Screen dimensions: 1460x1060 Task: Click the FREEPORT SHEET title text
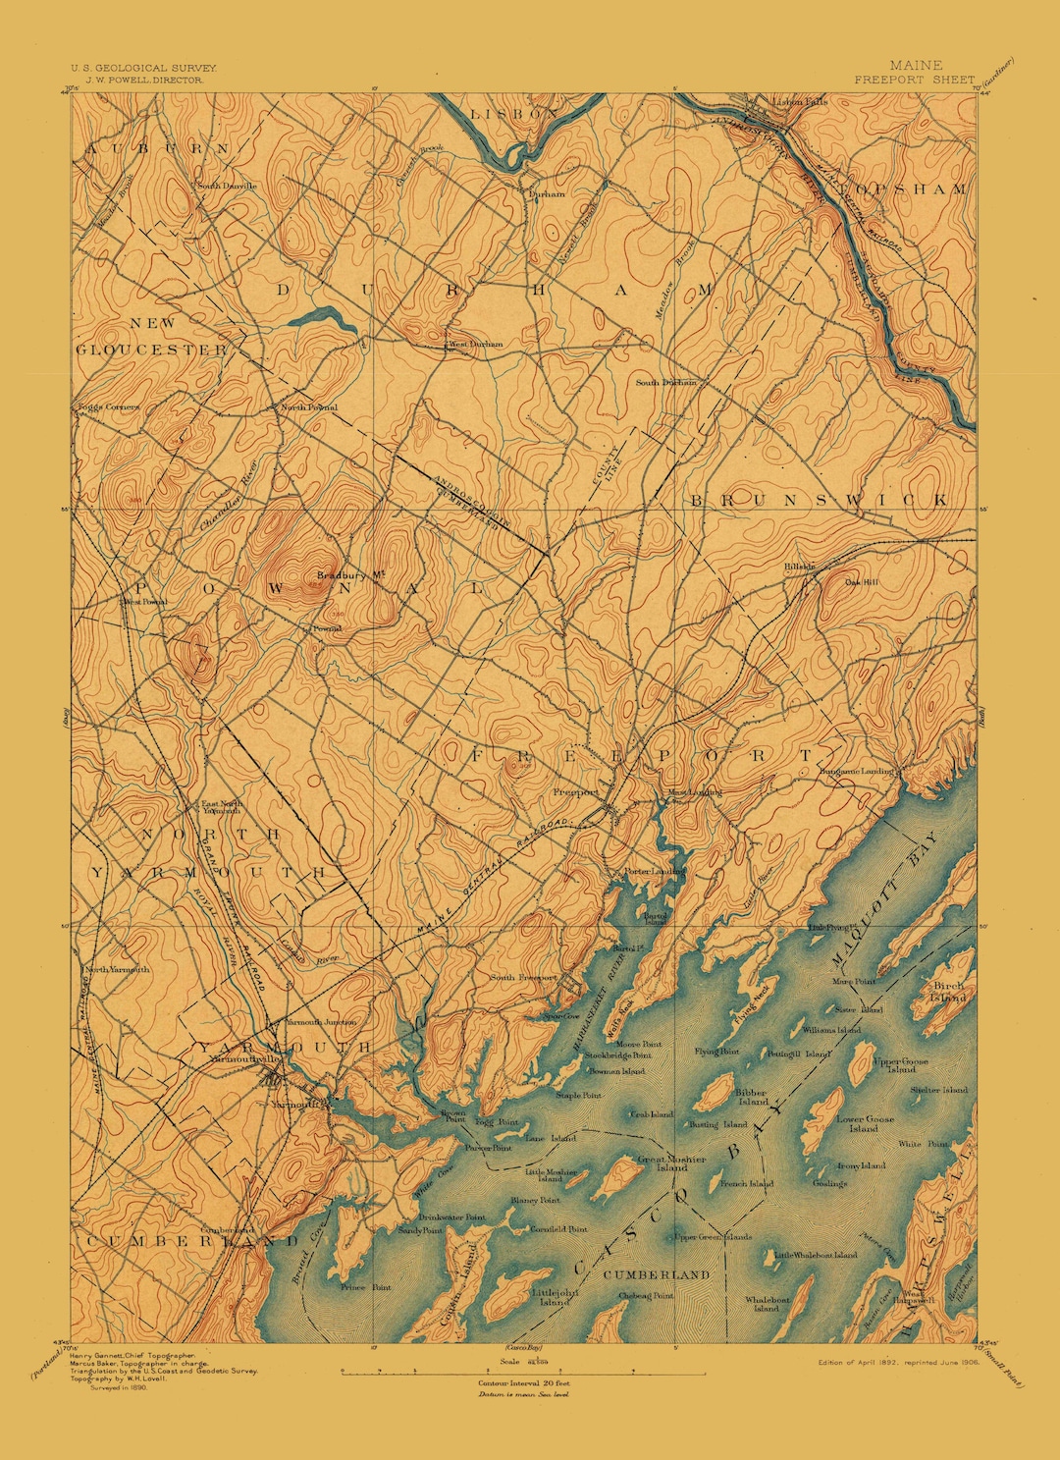point(914,80)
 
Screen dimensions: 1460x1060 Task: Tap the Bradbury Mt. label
point(341,575)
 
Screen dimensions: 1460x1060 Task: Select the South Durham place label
point(665,383)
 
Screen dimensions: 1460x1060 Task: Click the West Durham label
point(475,345)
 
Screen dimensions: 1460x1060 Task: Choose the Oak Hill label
point(863,581)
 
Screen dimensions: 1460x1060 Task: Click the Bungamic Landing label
point(857,772)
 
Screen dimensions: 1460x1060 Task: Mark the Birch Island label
point(948,991)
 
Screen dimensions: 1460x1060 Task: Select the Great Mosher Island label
point(671,1163)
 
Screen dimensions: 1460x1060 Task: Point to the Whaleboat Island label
point(768,1303)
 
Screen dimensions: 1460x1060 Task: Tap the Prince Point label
point(365,1287)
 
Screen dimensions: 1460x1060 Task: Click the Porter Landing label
point(655,871)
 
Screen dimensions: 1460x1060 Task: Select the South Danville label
point(227,186)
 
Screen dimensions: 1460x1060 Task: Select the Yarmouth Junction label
point(320,1022)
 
